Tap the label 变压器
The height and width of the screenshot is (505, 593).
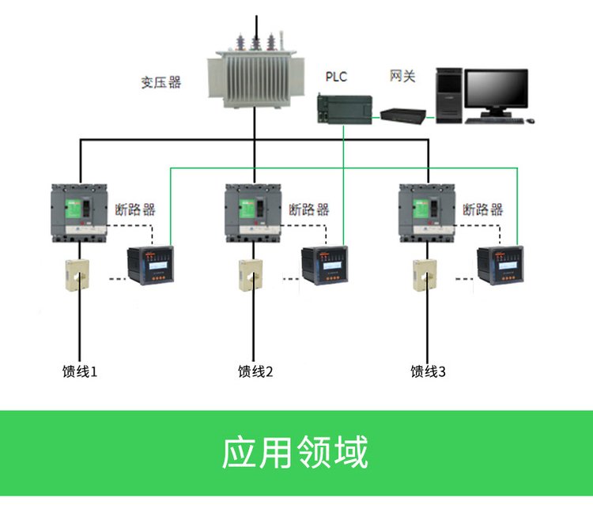(161, 82)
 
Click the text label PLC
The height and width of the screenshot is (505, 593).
(336, 77)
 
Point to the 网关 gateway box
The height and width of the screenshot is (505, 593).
(403, 114)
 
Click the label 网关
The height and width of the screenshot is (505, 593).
(402, 76)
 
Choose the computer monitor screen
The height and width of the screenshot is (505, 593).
(496, 90)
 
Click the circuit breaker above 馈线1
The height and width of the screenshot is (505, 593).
(79, 211)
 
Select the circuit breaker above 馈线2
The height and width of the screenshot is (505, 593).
(253, 211)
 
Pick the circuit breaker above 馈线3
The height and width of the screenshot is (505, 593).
(427, 211)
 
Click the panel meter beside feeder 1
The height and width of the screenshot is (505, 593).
(150, 266)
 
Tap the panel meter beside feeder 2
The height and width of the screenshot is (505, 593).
(324, 266)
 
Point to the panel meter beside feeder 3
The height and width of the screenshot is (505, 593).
(498, 266)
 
